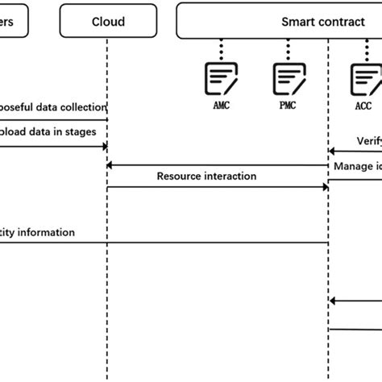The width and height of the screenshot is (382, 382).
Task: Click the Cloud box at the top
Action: pyautogui.click(x=106, y=22)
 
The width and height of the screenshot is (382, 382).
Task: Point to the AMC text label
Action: pyautogui.click(x=220, y=105)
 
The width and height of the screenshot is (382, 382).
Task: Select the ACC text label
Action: pyautogui.click(x=363, y=105)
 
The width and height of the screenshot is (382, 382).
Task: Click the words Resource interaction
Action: pyautogui.click(x=206, y=176)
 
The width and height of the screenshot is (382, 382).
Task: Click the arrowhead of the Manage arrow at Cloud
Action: pyautogui.click(x=111, y=165)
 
